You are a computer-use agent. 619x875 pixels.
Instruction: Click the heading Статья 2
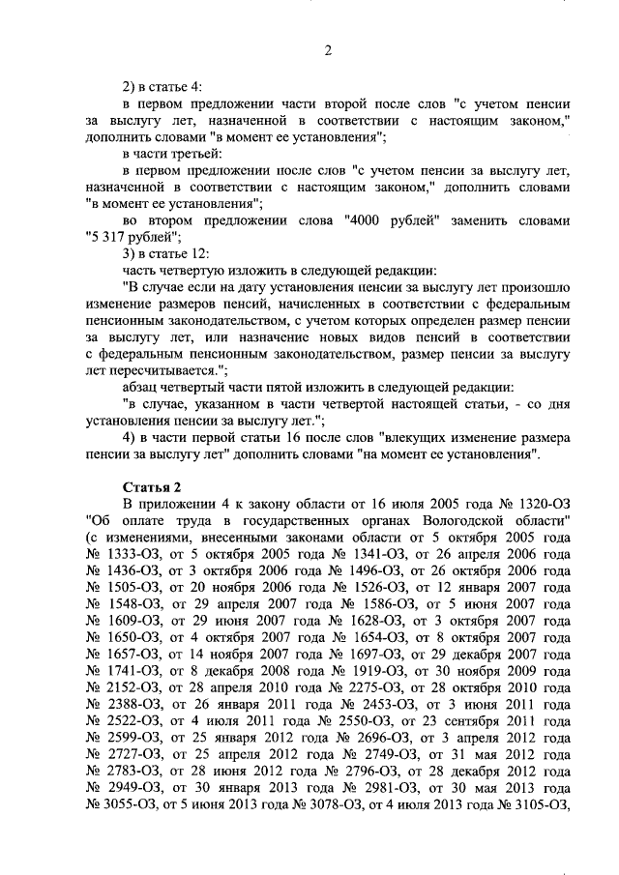click(x=153, y=485)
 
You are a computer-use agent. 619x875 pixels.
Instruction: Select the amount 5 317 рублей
click(x=126, y=237)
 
